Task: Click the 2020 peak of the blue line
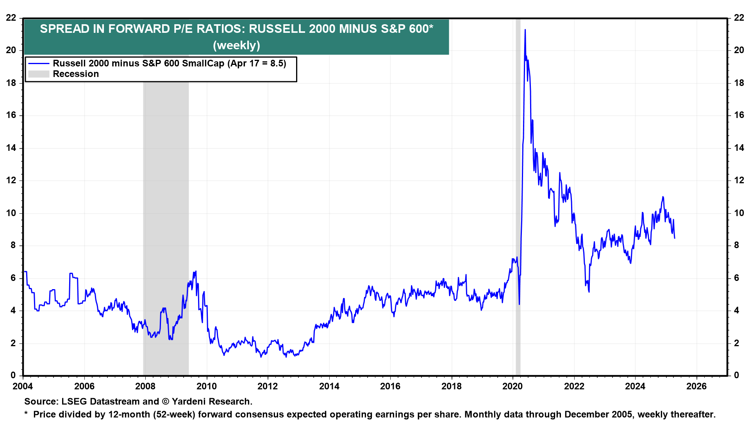coord(525,30)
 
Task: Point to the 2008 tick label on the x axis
coord(145,386)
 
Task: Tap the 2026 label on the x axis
coord(696,386)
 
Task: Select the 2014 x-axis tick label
coord(329,386)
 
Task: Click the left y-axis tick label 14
coord(11,148)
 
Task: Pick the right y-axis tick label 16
coord(739,115)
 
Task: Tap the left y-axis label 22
coord(11,18)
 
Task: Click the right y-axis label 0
coord(736,376)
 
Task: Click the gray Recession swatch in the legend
coord(39,74)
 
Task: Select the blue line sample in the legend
coord(39,63)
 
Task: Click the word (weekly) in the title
coord(236,45)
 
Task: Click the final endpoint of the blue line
coord(675,238)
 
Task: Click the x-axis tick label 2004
coord(23,386)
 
